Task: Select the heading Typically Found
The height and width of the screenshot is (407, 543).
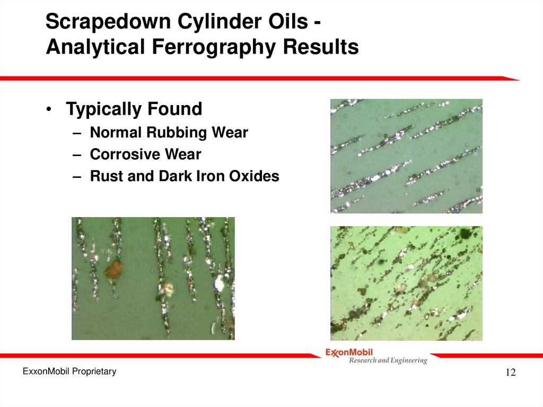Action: pos(134,109)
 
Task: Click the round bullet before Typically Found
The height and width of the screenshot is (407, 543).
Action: pos(49,110)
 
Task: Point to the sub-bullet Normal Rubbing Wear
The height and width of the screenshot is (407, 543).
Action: pos(169,133)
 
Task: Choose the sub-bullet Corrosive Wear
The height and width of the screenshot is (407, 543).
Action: pos(145,154)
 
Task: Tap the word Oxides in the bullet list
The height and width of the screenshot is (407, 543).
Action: pos(254,176)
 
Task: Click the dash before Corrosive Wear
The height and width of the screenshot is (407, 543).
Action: pos(77,155)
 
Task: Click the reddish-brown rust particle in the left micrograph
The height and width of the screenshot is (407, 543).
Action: pos(113,270)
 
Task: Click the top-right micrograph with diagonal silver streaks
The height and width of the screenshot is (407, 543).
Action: pos(406,156)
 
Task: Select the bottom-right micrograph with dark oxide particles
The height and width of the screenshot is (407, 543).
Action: pos(406,283)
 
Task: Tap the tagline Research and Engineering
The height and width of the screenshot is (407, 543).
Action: pos(387,361)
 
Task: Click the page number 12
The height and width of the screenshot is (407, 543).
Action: pos(510,373)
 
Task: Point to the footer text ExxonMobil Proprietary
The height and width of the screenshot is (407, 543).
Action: pos(69,371)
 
